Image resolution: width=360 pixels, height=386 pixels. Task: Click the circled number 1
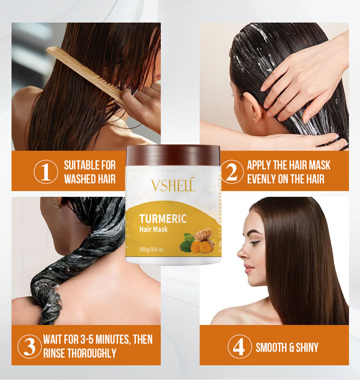click(x=46, y=172)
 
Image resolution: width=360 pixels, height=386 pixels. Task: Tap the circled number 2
click(x=232, y=172)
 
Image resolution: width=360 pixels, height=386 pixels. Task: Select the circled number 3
click(x=30, y=346)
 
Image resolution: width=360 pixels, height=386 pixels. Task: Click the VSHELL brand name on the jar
click(x=173, y=185)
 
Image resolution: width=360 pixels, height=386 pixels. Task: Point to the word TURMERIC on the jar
click(x=163, y=219)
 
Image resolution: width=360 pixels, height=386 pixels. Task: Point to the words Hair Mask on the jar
click(x=154, y=230)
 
